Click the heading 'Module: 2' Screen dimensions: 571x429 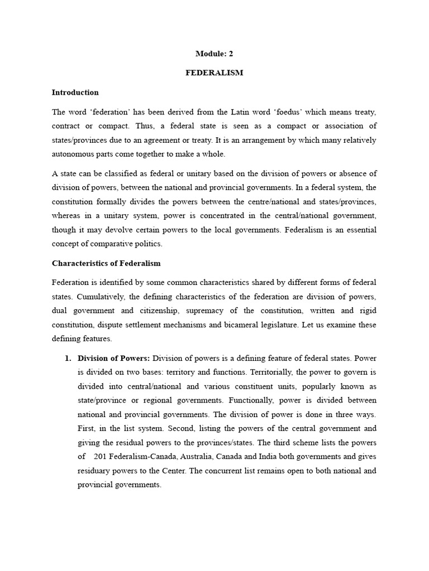tap(214, 54)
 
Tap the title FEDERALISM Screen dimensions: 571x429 tap(214, 73)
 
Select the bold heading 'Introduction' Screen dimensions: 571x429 tap(75, 93)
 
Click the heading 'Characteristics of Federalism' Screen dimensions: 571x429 tap(106, 263)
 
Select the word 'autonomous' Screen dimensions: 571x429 tap(72, 154)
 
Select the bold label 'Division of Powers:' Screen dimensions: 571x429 tap(114, 358)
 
